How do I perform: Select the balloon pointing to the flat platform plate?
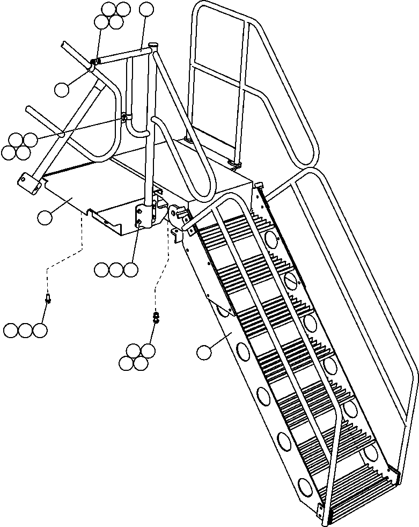[45, 217]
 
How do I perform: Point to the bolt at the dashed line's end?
[48, 297]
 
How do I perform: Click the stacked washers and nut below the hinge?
[156, 318]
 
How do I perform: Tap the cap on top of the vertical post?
[153, 45]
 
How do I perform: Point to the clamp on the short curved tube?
[124, 117]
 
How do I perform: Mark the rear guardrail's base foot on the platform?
[234, 162]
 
